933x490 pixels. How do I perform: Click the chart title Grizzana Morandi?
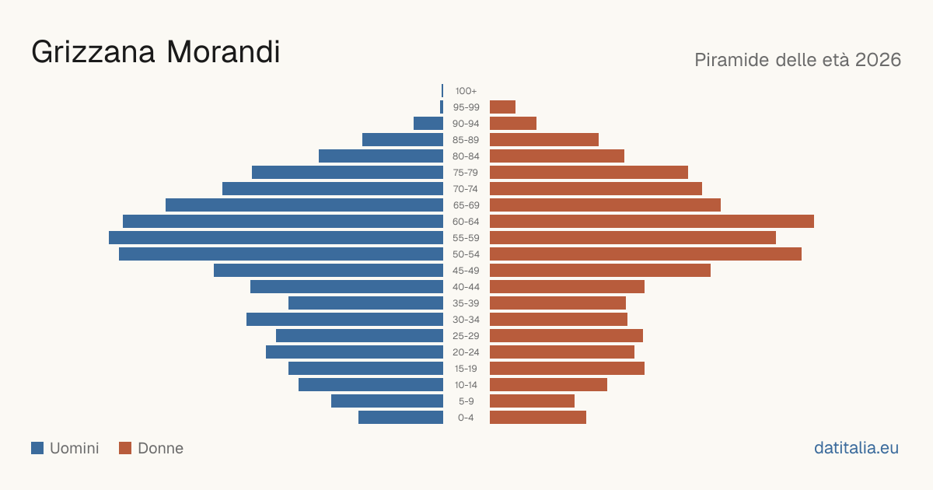(155, 52)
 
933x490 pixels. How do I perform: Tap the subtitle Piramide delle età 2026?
(798, 60)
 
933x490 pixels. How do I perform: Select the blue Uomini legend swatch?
(37, 448)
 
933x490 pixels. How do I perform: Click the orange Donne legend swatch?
(125, 448)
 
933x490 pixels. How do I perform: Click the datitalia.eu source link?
(856, 448)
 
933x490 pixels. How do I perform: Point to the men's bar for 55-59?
(276, 237)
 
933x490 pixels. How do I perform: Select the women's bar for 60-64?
(652, 221)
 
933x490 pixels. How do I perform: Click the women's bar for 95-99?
(503, 107)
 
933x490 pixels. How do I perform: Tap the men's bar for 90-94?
(428, 124)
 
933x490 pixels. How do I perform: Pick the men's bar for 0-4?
(400, 417)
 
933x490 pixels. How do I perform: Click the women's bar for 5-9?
(532, 401)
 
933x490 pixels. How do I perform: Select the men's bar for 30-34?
(345, 319)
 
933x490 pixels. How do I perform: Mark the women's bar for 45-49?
(600, 271)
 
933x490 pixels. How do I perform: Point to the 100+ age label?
(466, 91)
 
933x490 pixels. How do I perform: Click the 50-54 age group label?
(466, 254)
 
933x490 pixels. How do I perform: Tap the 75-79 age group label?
(466, 173)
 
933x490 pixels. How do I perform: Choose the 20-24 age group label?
(466, 352)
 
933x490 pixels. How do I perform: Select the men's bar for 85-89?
(403, 139)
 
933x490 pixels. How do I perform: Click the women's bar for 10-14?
(549, 384)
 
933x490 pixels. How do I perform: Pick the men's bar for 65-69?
(305, 205)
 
